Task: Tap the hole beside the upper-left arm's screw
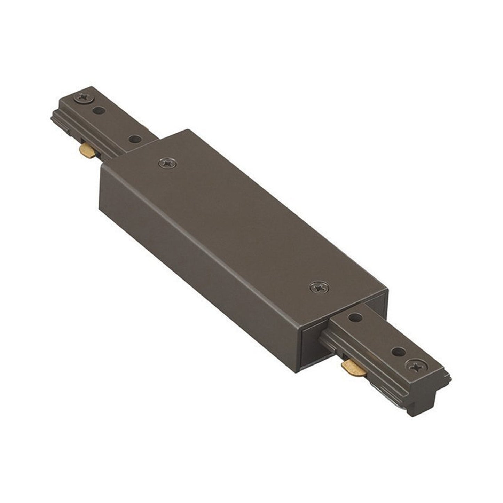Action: click(99, 111)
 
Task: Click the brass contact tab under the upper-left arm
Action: click(87, 151)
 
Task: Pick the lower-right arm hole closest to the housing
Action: click(355, 317)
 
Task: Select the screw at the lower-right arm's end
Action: click(415, 366)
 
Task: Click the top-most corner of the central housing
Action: click(188, 131)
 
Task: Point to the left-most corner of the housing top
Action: click(101, 166)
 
